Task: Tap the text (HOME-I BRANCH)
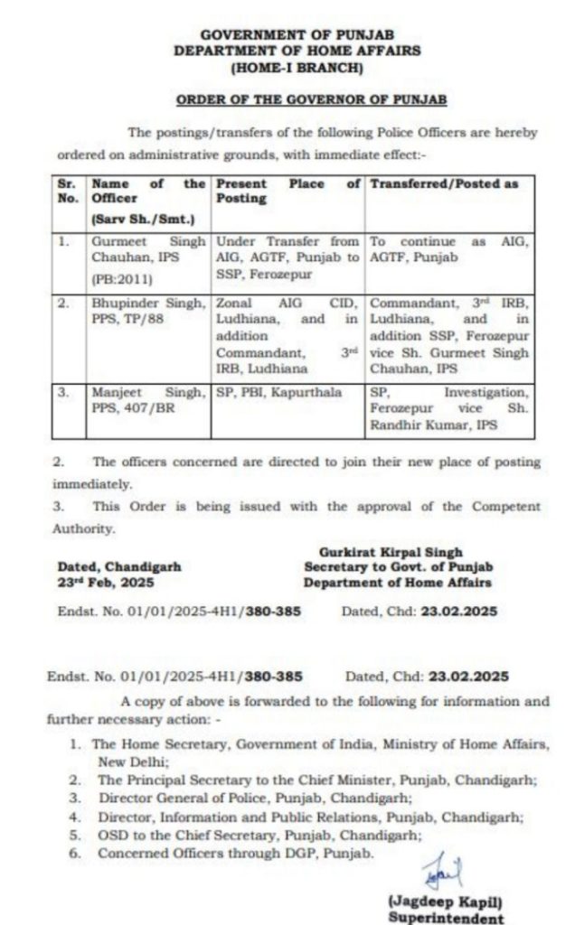coord(297,67)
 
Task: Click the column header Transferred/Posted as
coord(445,184)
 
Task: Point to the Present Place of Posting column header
coord(287,191)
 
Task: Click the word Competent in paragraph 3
coord(500,506)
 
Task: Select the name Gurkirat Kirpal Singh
coord(391,551)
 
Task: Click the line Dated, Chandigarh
coord(119,566)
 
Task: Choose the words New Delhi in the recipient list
coord(126,761)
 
